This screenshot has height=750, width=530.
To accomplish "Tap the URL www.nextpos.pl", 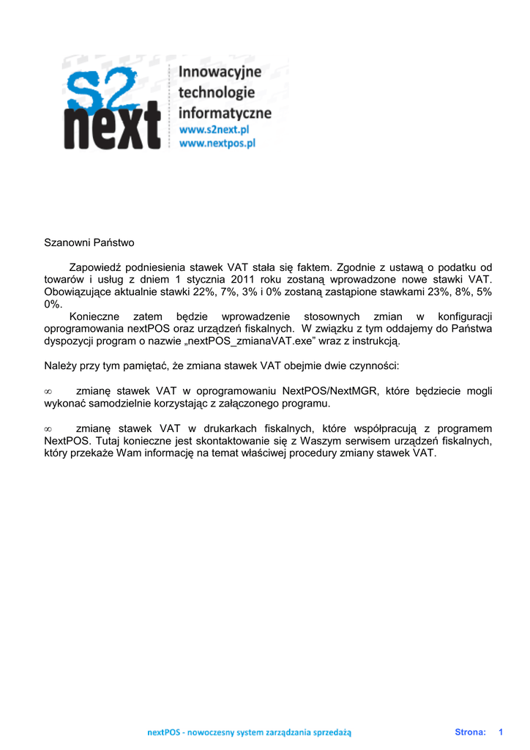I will pyautogui.click(x=217, y=144).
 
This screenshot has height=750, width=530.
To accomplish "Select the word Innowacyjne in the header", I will pyautogui.click(x=220, y=73).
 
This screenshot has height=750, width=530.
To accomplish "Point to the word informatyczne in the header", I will pyautogui.click(x=225, y=113).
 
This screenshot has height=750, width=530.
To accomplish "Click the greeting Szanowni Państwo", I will pyautogui.click(x=89, y=242).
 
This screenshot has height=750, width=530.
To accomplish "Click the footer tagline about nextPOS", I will pyautogui.click(x=250, y=732).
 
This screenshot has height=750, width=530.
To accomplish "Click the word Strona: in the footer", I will pyautogui.click(x=471, y=732).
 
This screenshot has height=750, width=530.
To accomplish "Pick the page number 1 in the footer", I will pyautogui.click(x=501, y=732).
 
